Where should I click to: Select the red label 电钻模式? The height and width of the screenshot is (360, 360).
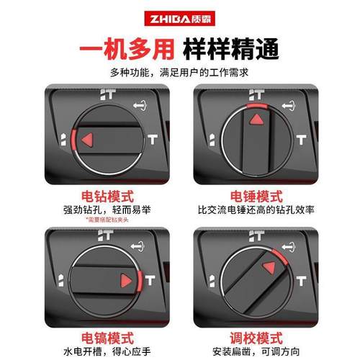tap(90, 195)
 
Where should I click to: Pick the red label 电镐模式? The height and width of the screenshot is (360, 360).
tap(90, 336)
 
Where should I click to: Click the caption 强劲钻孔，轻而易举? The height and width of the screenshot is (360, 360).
tap(90, 210)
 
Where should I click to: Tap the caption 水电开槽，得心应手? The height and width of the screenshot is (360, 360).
tap(90, 351)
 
